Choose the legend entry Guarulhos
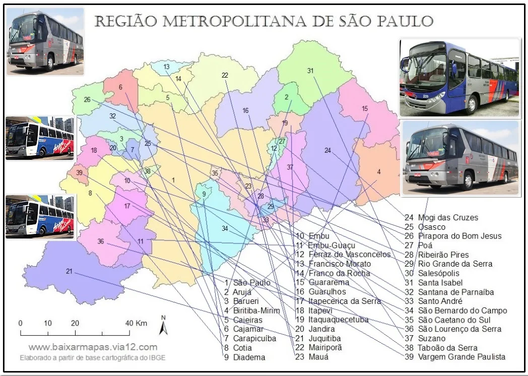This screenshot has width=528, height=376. [328, 292]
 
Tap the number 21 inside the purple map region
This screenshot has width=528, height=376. [69, 271]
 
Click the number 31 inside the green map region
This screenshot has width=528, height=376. [310, 71]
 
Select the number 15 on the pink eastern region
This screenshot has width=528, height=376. [365, 108]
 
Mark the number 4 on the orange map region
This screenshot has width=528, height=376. [378, 172]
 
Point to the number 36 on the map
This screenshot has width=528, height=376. [101, 241]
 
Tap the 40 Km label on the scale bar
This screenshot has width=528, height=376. [134, 323]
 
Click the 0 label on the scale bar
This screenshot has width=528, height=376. [20, 323]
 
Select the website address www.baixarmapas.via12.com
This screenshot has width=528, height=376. [93, 347]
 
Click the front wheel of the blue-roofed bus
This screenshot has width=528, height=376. [472, 104]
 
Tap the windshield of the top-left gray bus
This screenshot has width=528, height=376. [23, 32]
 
